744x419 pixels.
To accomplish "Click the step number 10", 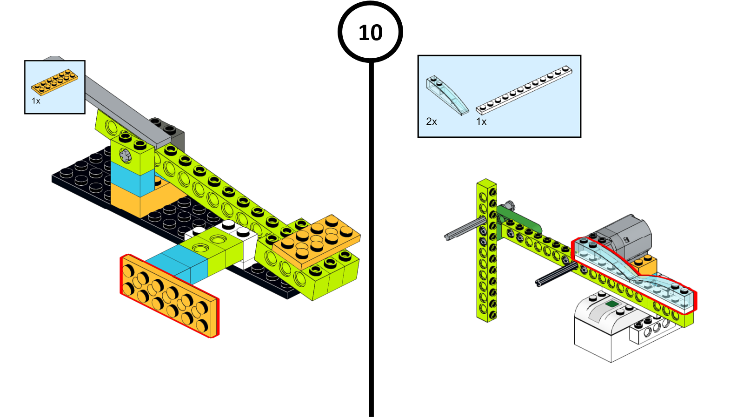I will [x=371, y=33].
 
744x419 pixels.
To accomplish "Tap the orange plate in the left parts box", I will [x=54, y=82].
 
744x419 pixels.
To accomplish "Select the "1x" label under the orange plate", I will [x=36, y=101].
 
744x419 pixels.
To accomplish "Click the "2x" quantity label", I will [x=431, y=122].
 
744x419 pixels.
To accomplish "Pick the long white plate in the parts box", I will [x=524, y=90].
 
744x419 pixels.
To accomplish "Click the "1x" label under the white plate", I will [x=481, y=122].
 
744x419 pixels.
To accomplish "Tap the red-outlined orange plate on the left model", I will [x=169, y=295].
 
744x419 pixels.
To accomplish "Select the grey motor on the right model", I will [x=625, y=237].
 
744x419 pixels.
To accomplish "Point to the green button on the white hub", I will [x=612, y=304].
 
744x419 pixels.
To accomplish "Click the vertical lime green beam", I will [x=486, y=251].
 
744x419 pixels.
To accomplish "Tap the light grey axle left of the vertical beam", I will [x=463, y=229].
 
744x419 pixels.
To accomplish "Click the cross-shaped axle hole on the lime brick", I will [x=126, y=155].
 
